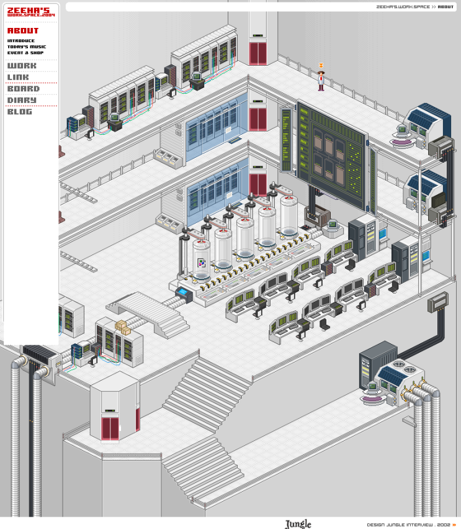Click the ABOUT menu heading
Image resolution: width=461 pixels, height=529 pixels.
tap(23, 30)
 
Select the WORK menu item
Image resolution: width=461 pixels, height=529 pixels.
tap(22, 66)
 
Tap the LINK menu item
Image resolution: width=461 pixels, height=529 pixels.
tap(18, 77)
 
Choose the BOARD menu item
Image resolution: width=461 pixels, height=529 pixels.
tap(24, 89)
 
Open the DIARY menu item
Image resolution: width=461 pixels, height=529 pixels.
tap(22, 100)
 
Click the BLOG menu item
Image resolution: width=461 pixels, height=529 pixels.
tap(20, 112)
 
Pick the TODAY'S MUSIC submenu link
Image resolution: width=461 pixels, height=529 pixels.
tap(27, 47)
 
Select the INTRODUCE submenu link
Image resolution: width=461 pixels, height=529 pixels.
tap(21, 41)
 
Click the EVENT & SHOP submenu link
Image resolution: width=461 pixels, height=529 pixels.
tap(25, 53)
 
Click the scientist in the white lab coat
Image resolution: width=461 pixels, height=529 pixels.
tap(321, 81)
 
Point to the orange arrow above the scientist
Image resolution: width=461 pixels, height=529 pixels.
tap(321, 65)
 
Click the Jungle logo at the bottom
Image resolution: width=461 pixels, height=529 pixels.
tap(298, 524)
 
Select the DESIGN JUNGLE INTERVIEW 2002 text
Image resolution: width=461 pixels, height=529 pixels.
tap(408, 525)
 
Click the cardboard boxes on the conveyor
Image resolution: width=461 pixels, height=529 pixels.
tap(123, 327)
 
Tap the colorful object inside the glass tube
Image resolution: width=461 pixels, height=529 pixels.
tap(202, 263)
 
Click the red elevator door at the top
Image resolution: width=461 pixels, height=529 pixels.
tap(258, 53)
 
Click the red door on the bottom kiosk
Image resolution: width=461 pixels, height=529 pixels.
tap(110, 429)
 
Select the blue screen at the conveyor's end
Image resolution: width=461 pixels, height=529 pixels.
tap(182, 292)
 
